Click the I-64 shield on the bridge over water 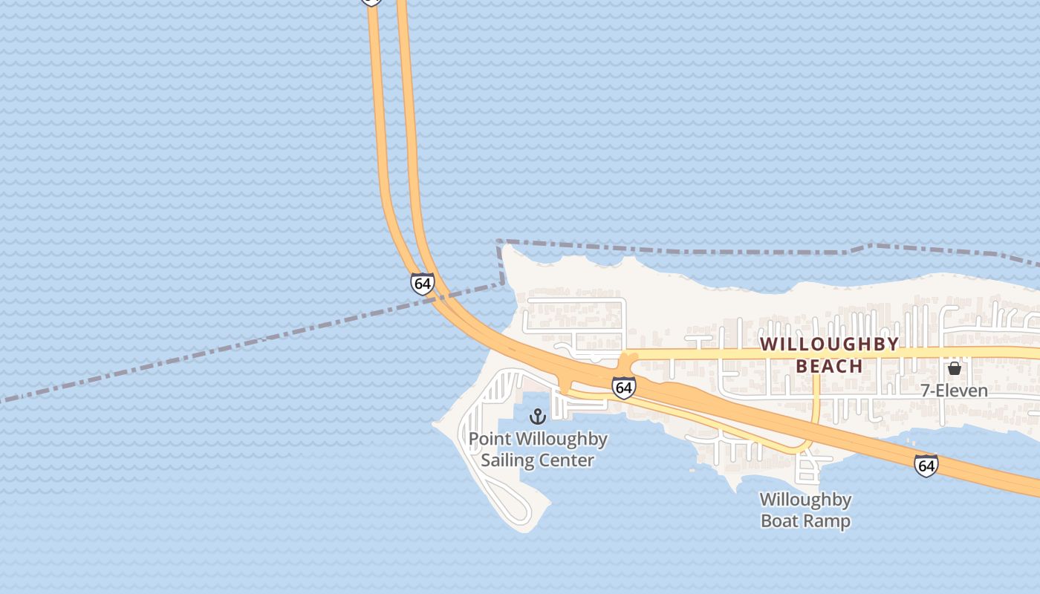tap(422, 284)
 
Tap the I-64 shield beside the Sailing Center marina tap(624, 387)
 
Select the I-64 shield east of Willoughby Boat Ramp tap(926, 466)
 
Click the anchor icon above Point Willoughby tap(538, 417)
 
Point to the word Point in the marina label tap(490, 440)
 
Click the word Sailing tap(508, 460)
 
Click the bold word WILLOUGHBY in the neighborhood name tap(829, 345)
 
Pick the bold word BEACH tap(829, 366)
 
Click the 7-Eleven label tap(954, 391)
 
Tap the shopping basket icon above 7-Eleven tap(955, 368)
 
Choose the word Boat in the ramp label tap(782, 521)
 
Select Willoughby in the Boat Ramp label tap(805, 500)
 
